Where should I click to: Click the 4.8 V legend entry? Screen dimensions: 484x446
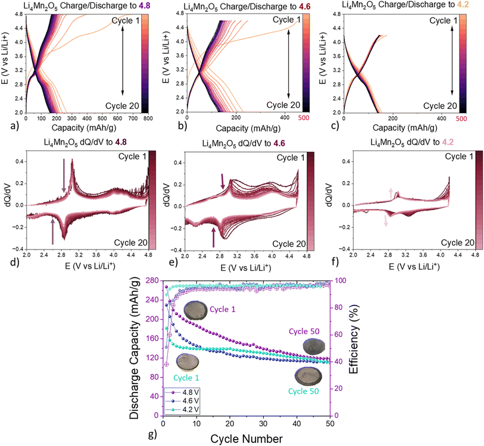[x=182, y=392]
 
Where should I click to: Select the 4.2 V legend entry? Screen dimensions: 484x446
[x=182, y=410]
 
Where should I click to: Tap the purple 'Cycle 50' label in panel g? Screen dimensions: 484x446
[x=304, y=332]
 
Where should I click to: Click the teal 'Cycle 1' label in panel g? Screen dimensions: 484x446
[x=186, y=378]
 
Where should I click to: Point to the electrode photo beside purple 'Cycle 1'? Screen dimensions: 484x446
[x=196, y=310]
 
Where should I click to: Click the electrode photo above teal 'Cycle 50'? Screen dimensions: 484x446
[x=308, y=376]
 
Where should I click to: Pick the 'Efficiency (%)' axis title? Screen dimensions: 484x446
[x=354, y=339]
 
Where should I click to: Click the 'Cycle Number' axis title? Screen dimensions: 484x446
[x=246, y=439]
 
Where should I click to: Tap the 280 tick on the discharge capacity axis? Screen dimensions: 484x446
[x=151, y=280]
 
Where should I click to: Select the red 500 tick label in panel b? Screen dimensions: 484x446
[x=304, y=117]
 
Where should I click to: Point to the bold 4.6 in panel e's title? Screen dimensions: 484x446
[x=279, y=144]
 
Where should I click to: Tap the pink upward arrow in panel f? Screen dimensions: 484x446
[x=391, y=193]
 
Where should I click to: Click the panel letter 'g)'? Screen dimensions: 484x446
[x=153, y=435]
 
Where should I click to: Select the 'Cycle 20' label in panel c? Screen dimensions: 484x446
[x=440, y=106]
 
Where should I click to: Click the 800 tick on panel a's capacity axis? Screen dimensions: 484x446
[x=148, y=118]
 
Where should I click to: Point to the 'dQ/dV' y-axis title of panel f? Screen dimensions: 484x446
[x=329, y=195]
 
